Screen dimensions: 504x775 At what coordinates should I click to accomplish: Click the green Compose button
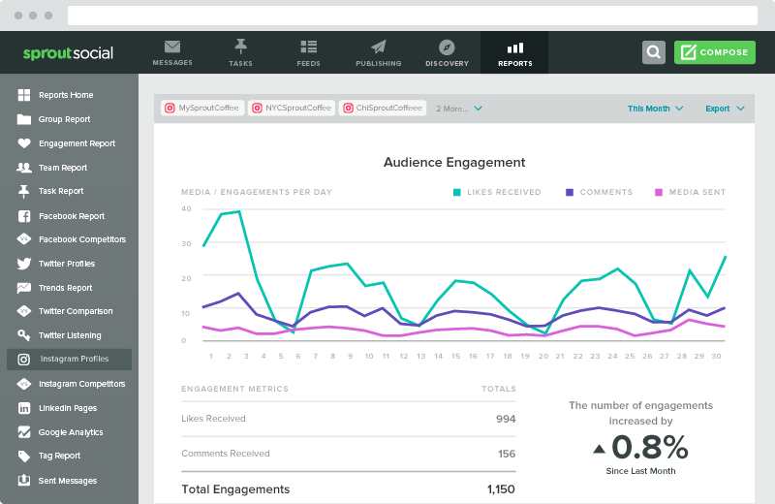click(x=714, y=52)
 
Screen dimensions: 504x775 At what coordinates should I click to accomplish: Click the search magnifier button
click(x=654, y=52)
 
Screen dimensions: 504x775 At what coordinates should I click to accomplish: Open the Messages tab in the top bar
click(x=172, y=52)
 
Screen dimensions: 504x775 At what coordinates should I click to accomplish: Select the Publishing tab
click(x=378, y=52)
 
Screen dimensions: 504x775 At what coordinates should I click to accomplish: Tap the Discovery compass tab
click(x=447, y=52)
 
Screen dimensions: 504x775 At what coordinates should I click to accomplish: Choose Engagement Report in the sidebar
click(x=77, y=143)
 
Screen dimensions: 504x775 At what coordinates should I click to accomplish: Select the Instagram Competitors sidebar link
click(x=81, y=384)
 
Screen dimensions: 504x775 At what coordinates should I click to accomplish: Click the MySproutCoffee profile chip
click(x=201, y=109)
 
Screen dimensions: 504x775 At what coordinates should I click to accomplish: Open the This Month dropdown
click(x=655, y=109)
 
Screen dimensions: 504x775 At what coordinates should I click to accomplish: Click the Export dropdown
click(x=725, y=109)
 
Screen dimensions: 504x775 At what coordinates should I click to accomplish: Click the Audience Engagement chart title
click(x=454, y=163)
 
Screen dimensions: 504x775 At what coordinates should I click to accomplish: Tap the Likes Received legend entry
click(x=497, y=192)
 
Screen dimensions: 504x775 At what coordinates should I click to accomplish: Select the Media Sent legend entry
click(x=690, y=192)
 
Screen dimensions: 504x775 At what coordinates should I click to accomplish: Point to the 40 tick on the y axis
click(x=186, y=208)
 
